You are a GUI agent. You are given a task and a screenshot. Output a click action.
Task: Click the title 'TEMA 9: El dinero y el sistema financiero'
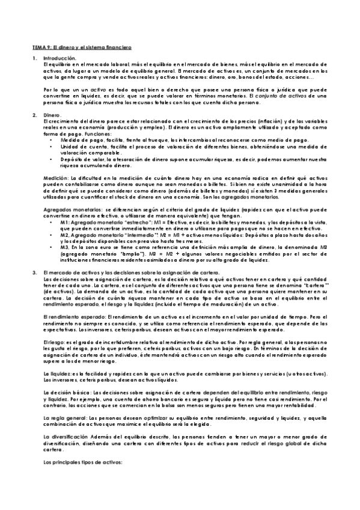[x=82, y=46]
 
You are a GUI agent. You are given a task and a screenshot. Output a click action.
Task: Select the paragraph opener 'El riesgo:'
[x=56, y=342]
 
